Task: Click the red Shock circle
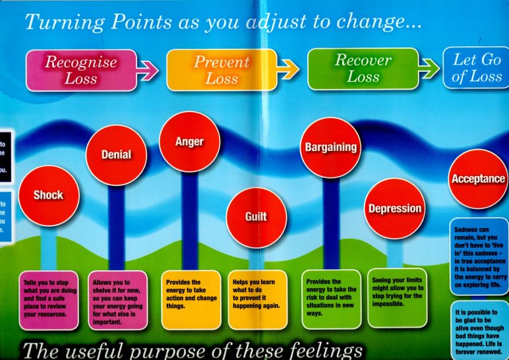click(x=49, y=195)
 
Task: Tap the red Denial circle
click(x=116, y=154)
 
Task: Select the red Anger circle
click(x=189, y=141)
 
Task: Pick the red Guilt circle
click(x=256, y=215)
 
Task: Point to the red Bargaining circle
click(x=331, y=147)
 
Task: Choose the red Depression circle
click(x=394, y=208)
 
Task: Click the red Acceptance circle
click(x=478, y=178)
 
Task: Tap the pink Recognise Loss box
click(x=80, y=70)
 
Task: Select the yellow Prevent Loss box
click(x=221, y=70)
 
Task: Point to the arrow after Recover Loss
click(x=430, y=69)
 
